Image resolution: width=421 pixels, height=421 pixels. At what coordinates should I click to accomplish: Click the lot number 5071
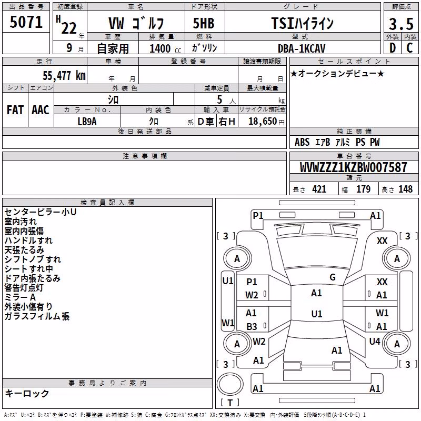point(26,22)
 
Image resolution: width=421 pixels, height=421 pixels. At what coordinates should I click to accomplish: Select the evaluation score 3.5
point(401,24)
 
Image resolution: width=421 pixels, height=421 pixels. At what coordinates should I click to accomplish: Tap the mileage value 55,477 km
point(64,75)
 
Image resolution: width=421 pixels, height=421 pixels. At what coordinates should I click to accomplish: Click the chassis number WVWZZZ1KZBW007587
point(353,167)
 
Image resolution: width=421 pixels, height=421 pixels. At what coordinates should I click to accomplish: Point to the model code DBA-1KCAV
point(302,48)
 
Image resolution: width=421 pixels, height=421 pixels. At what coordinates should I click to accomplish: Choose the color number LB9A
point(87,122)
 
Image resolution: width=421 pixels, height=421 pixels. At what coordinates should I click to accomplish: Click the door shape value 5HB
point(204,23)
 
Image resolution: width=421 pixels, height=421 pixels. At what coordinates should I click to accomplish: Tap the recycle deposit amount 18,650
point(263,122)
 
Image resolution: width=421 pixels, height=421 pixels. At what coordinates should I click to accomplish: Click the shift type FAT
point(15,110)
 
